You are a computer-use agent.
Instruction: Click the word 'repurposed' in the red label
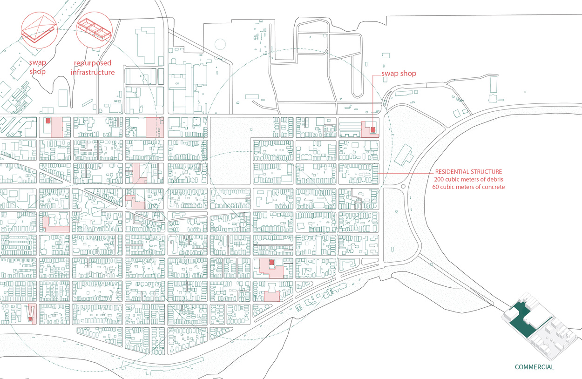pos(93,63)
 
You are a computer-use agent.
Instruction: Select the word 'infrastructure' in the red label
pos(93,72)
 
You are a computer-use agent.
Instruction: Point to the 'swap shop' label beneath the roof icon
pos(39,67)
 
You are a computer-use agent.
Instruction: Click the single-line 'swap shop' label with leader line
pos(399,74)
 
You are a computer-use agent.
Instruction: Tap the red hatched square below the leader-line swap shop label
pos(373,129)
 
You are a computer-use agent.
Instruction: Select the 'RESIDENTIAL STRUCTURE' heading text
pos(468,171)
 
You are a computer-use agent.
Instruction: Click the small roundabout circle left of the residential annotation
pos(404,186)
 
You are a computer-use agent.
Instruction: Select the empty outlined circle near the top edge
pos(220,44)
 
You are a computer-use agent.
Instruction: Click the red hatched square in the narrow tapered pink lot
pos(31,318)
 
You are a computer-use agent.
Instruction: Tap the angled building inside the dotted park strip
pos(404,154)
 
